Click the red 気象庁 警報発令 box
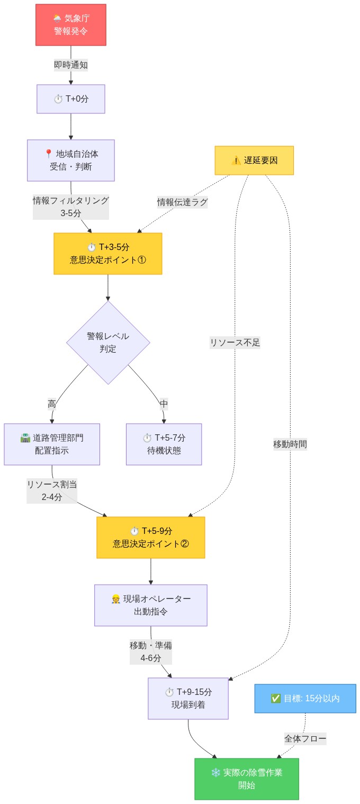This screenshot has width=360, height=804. (x=71, y=25)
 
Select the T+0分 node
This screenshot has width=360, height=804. (x=71, y=99)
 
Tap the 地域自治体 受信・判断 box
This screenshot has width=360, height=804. (x=71, y=160)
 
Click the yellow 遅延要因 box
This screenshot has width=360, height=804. (x=254, y=160)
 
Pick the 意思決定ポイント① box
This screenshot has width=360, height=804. (x=108, y=254)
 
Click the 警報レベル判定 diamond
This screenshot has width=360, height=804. (x=108, y=343)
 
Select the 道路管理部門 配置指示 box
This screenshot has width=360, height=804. (x=52, y=444)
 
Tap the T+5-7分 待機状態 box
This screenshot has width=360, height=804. (x=164, y=444)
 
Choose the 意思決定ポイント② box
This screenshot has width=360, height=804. (x=151, y=538)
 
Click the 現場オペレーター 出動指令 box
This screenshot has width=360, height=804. (x=151, y=605)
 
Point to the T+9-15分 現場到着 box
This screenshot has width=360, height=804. (x=188, y=699)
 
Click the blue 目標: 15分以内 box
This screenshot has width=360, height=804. (x=305, y=699)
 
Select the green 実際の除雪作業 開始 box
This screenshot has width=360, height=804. (x=247, y=779)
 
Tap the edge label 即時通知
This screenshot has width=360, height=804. (x=71, y=65)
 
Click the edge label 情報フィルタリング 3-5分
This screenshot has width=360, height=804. (x=71, y=207)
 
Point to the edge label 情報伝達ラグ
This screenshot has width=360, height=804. (x=182, y=202)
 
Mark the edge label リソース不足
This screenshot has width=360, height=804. (x=235, y=343)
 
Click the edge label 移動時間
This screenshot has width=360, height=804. (x=290, y=444)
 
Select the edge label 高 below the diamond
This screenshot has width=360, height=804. (x=52, y=404)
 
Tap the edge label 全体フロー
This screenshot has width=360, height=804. (x=305, y=738)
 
